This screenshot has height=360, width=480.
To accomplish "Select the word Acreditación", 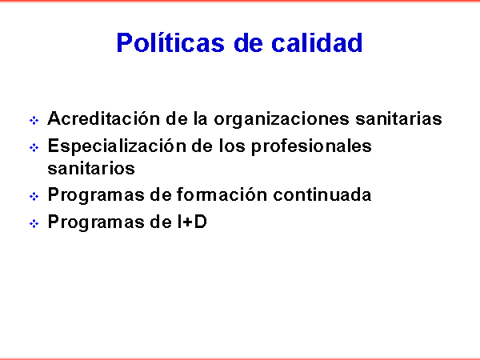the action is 104,118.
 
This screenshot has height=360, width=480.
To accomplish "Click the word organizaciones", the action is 282,119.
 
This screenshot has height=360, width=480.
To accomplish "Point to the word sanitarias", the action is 398,118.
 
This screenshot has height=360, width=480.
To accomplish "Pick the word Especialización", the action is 117,146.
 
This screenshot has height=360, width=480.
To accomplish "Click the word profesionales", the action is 311,146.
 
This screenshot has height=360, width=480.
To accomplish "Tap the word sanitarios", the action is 91,168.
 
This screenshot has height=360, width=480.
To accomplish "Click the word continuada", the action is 322,194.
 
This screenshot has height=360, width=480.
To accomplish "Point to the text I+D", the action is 192,222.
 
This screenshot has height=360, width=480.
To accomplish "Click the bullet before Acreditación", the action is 34,120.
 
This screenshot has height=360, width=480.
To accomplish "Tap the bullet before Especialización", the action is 34,148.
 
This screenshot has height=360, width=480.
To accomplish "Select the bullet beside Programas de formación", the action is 34,196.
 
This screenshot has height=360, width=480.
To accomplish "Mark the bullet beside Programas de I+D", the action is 34,224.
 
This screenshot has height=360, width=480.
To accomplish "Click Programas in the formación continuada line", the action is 96,195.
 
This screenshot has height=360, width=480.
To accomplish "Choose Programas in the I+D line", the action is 96,222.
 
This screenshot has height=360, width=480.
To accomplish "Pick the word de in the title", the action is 248,42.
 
